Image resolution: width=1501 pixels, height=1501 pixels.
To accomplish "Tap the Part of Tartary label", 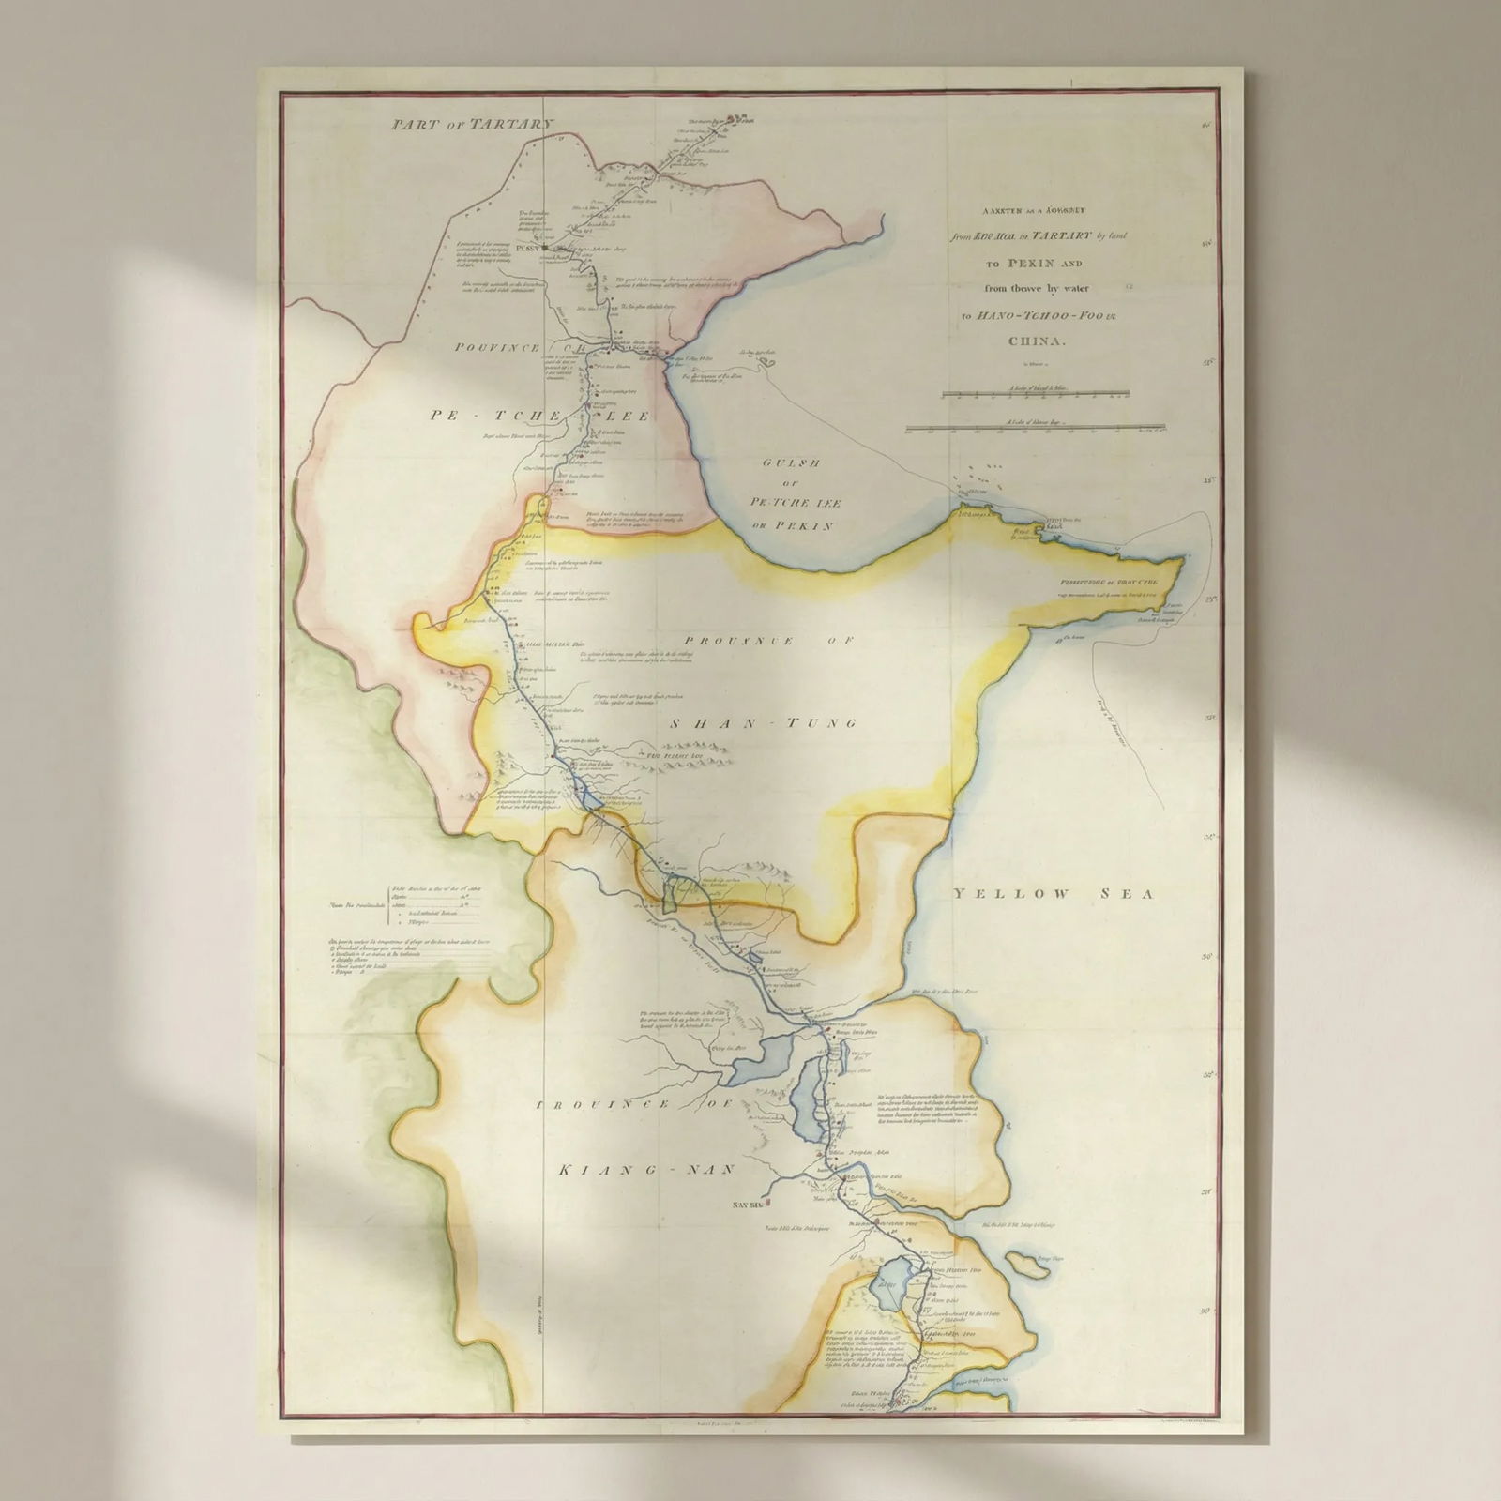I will pyautogui.click(x=476, y=124).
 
